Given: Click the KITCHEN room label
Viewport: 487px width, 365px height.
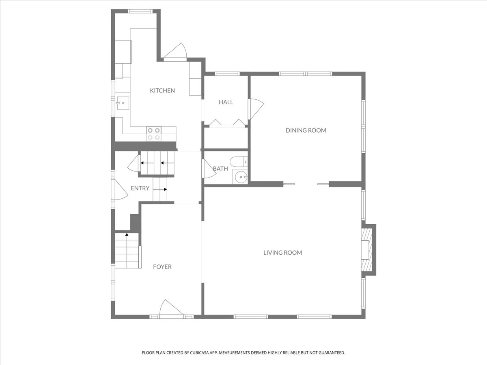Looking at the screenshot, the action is [162, 90].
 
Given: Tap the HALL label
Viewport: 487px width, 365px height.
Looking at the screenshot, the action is [226, 102].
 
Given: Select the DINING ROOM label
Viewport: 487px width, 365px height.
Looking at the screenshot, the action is [306, 130].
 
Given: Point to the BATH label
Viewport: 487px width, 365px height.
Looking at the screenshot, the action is [220, 169].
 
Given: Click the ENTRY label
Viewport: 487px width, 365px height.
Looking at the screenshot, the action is [140, 188].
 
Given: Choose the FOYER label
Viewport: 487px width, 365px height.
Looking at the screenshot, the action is [162, 266].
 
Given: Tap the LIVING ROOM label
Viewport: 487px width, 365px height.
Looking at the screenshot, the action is [282, 253].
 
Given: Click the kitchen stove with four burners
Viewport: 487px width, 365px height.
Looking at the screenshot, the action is [154, 134].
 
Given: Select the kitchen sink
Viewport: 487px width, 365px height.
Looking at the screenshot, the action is [123, 103].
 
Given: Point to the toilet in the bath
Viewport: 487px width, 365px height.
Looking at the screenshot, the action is [239, 162].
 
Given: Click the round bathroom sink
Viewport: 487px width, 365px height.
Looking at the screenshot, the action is [241, 177].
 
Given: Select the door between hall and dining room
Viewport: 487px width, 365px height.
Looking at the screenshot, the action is [256, 109].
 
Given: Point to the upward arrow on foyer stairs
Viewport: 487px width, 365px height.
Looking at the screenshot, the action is [127, 250].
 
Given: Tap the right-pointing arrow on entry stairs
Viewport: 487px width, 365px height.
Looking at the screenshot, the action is [160, 189].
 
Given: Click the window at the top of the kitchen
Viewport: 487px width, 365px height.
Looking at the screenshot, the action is [140, 11].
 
